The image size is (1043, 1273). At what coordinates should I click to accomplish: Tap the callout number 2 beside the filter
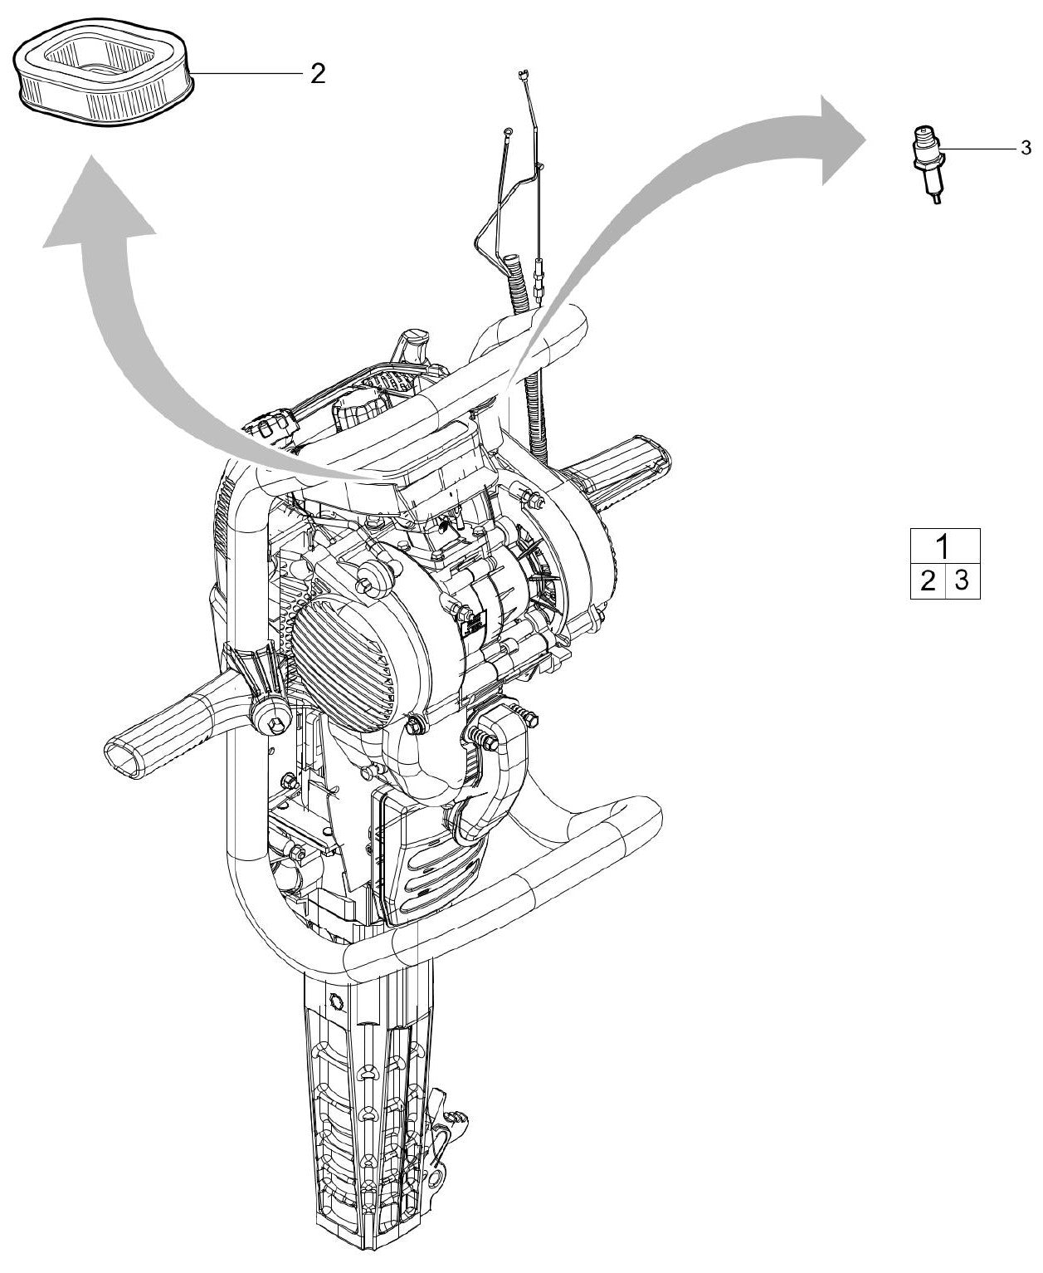pos(317,75)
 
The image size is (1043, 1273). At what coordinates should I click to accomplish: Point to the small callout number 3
pos(1026,149)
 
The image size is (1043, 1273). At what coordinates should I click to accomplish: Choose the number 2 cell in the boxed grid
pos(928,580)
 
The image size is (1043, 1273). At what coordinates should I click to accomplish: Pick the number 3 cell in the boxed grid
pos(962,580)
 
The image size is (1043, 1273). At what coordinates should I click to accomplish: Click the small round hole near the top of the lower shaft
pos(335,997)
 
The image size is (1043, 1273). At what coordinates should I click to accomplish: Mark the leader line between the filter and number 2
pos(249,74)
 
